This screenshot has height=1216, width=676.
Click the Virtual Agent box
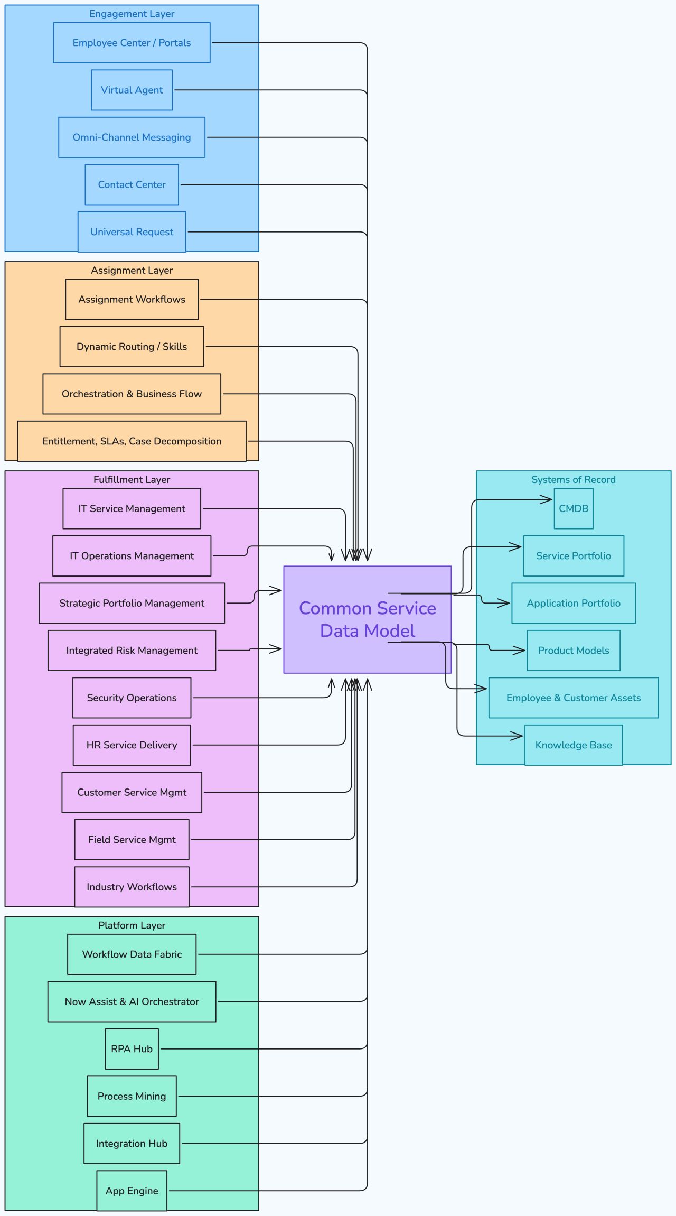[x=132, y=90]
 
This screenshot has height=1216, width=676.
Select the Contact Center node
[x=132, y=184]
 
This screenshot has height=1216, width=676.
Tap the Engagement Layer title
[x=132, y=14]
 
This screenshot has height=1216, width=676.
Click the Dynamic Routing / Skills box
[x=132, y=347]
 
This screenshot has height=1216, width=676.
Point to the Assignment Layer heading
[x=132, y=270]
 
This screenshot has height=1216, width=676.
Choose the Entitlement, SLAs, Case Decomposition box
[x=132, y=441]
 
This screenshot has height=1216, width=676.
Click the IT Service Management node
[x=132, y=508]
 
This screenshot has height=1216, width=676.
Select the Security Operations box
[x=132, y=698]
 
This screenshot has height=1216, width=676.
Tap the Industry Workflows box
[x=132, y=887]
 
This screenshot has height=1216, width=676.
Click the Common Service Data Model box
[x=367, y=619]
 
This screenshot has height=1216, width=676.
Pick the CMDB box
[x=574, y=508]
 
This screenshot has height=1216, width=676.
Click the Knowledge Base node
[x=574, y=745]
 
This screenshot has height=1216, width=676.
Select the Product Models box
[x=574, y=651]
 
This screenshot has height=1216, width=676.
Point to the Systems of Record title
[x=574, y=479]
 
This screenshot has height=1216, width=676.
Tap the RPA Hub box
[x=132, y=1049]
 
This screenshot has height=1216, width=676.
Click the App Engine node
[x=132, y=1191]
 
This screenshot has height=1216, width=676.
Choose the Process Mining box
[x=132, y=1096]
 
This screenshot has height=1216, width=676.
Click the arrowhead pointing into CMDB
[x=548, y=499]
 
